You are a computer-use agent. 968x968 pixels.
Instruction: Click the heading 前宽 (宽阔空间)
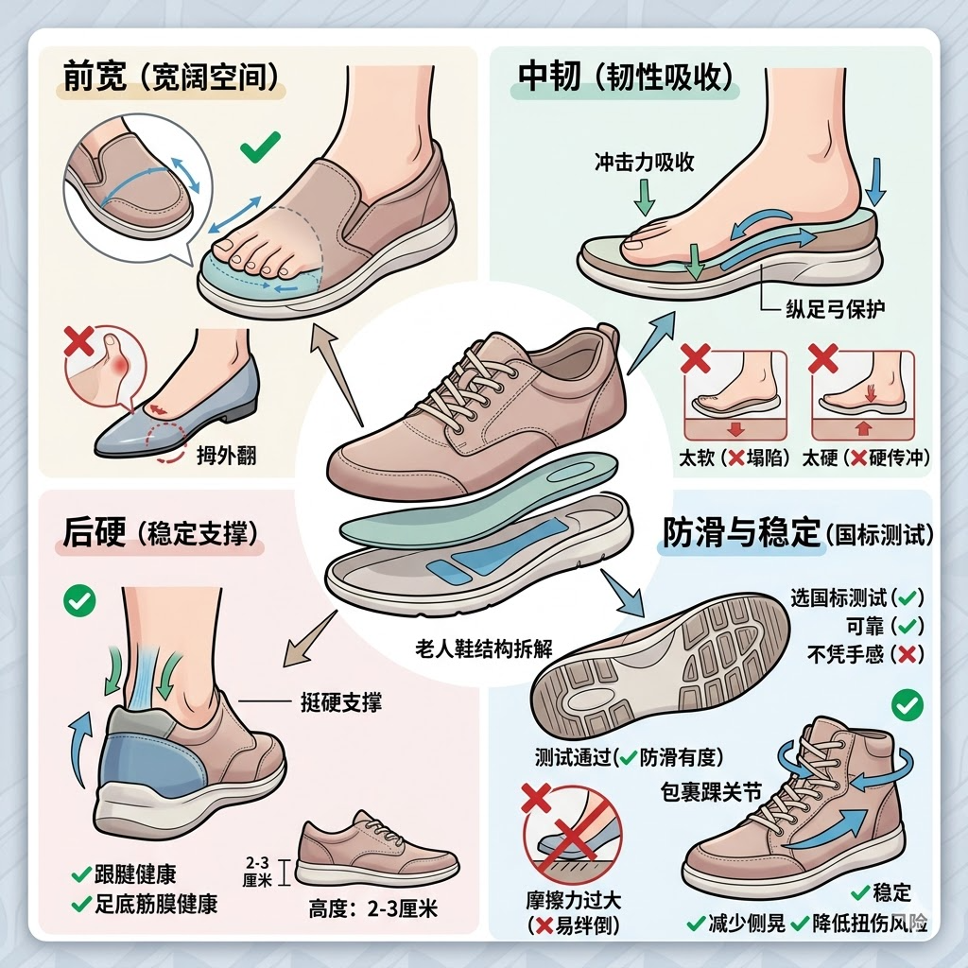[x=171, y=78]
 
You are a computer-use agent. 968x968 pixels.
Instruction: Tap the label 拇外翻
[x=226, y=456]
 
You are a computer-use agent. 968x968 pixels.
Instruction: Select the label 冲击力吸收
[x=644, y=162]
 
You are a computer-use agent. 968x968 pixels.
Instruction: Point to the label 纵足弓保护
[x=836, y=309]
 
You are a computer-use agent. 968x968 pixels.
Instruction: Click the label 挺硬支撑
[x=341, y=702]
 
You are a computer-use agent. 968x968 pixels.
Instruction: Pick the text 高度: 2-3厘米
[x=372, y=908]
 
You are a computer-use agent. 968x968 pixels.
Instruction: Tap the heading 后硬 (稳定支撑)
[x=160, y=533]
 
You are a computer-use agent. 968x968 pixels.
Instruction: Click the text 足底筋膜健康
[x=156, y=905]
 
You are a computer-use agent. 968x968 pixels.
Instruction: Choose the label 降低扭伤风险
[x=870, y=924]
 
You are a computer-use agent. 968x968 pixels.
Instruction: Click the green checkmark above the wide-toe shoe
[x=260, y=147]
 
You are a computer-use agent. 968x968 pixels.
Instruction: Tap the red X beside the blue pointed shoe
[x=79, y=341]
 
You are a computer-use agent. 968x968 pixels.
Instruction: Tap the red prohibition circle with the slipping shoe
[x=572, y=836]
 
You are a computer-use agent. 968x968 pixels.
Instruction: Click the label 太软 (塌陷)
[x=734, y=458]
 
